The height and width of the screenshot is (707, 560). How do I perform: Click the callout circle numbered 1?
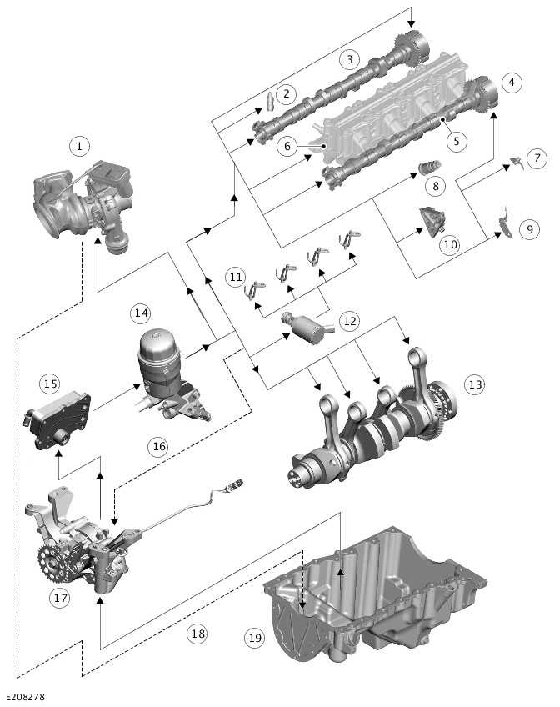79,148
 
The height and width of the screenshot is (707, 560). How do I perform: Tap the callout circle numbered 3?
350,58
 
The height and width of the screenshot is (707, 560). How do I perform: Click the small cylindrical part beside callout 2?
270,105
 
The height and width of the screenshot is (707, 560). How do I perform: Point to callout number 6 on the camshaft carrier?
287,147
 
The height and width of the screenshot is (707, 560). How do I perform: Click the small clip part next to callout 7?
515,162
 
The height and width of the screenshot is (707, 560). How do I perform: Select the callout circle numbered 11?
237,276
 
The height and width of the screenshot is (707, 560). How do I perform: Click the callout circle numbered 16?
158,446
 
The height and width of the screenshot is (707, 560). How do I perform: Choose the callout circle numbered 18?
197,634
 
